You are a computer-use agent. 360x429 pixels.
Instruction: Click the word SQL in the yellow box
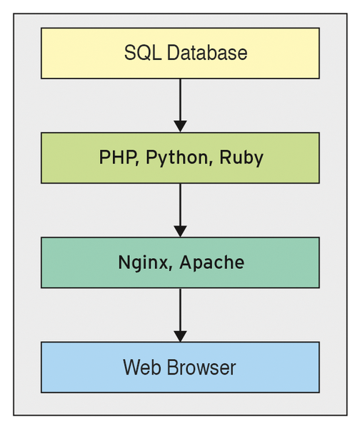pyautogui.click(x=143, y=52)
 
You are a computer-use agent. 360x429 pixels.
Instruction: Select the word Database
pyautogui.click(x=207, y=52)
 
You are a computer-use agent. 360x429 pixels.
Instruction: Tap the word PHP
pyautogui.click(x=118, y=157)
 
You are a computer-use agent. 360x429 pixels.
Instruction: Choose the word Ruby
pyautogui.click(x=241, y=158)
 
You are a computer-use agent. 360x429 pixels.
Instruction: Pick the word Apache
pyautogui.click(x=212, y=263)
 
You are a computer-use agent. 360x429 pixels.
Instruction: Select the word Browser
pyautogui.click(x=201, y=368)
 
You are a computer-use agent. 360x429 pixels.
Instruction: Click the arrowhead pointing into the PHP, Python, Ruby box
pyautogui.click(x=181, y=126)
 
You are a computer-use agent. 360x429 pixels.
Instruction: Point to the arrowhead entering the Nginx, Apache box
pyautogui.click(x=181, y=231)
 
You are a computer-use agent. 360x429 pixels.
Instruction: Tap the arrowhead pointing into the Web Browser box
pyautogui.click(x=181, y=336)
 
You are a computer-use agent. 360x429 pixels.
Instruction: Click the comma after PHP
pyautogui.click(x=138, y=164)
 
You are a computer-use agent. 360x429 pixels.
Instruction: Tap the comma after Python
pyautogui.click(x=211, y=164)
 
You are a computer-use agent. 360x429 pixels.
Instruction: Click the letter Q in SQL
pyautogui.click(x=144, y=53)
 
